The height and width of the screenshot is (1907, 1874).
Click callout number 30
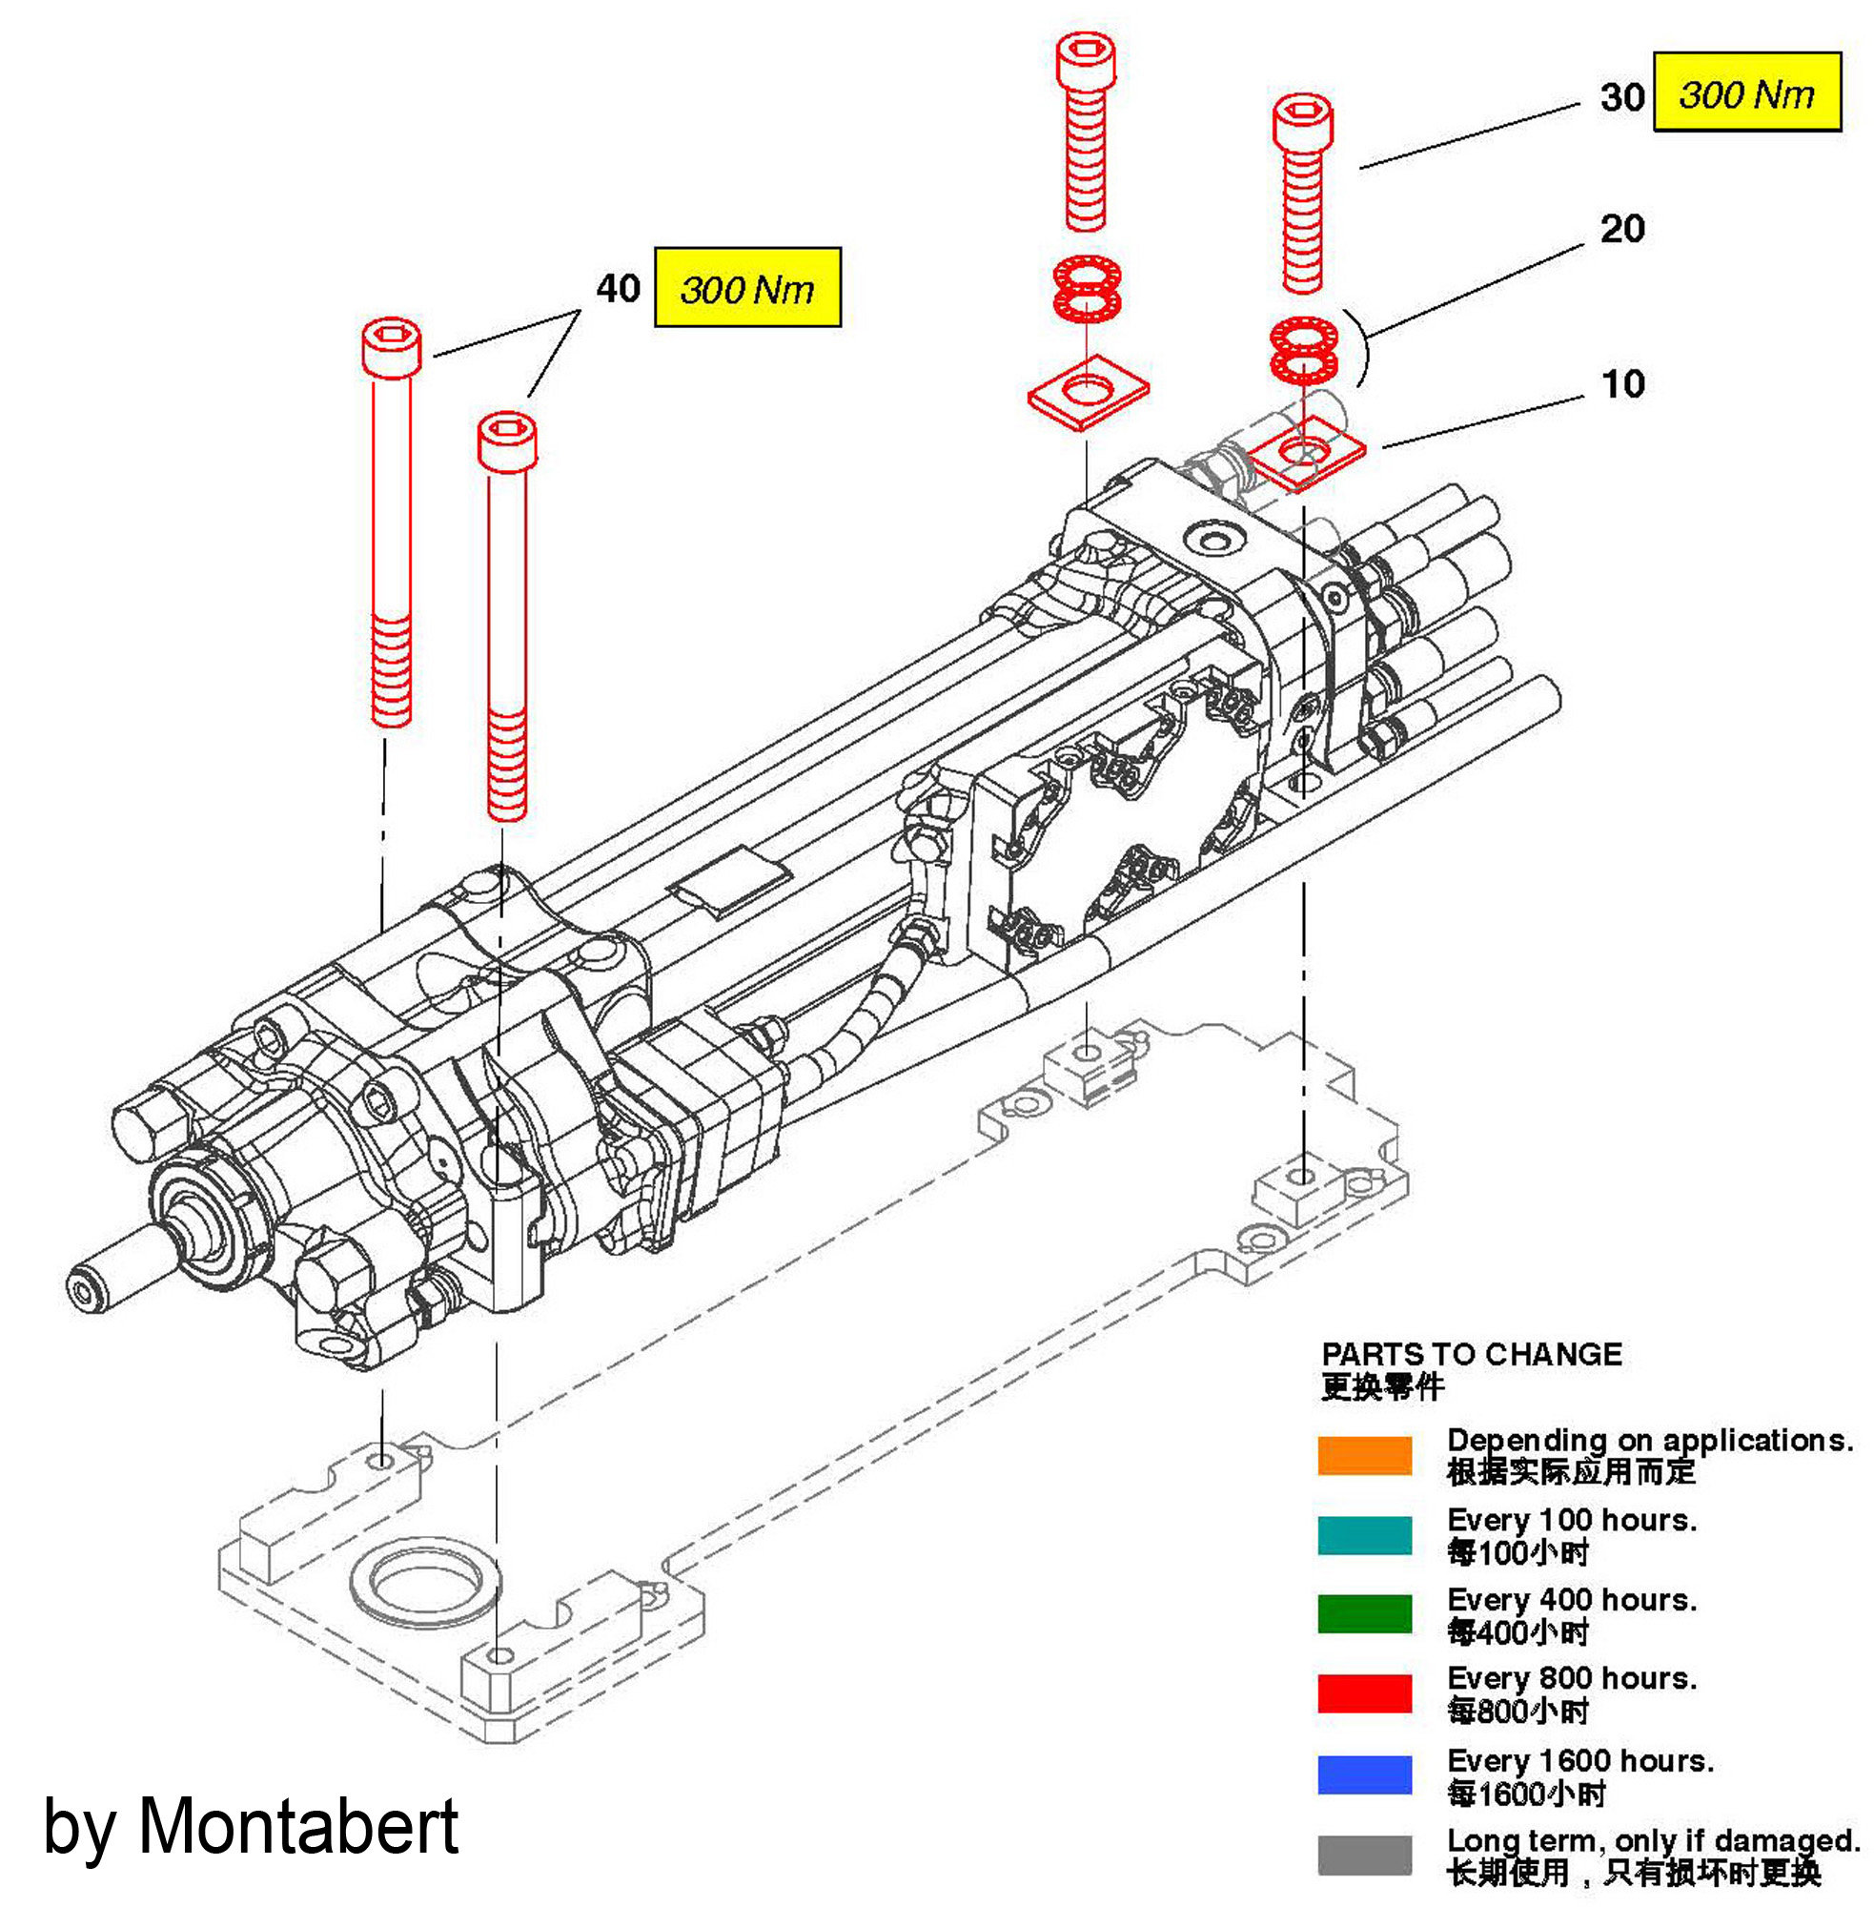[1621, 96]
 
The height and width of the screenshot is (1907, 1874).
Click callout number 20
[1622, 229]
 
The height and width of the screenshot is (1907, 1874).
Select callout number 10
[1622, 384]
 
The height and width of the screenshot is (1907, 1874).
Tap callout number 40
[618, 289]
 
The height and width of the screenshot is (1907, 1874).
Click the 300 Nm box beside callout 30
[1746, 92]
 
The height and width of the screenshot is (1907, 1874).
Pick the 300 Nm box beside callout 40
[747, 287]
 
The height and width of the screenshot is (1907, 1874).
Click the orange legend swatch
[1364, 1455]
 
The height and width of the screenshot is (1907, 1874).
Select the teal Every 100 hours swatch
[1364, 1535]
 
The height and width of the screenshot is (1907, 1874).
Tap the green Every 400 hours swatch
[1364, 1613]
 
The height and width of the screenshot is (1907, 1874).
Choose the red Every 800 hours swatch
[1364, 1692]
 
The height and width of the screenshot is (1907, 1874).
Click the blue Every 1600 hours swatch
[1364, 1774]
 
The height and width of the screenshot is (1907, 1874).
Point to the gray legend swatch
[1364, 1855]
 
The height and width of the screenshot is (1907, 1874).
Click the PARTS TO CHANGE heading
[1471, 1355]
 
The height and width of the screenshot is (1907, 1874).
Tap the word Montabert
[297, 1827]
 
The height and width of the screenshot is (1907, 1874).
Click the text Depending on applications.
[1650, 1440]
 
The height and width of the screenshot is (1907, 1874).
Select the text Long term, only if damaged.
[1653, 1839]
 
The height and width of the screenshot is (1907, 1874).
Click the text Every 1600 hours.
[1579, 1759]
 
